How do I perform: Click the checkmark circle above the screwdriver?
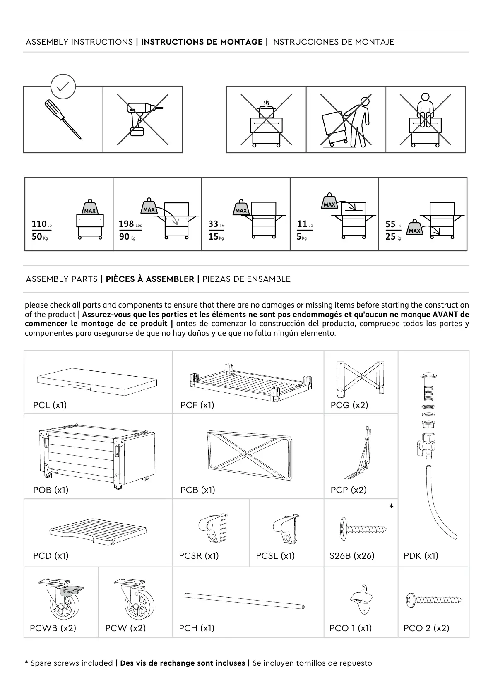(63, 87)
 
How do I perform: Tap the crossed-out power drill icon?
(142, 119)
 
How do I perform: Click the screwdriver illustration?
(63, 119)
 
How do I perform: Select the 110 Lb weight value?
(39, 224)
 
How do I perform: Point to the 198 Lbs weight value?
(127, 224)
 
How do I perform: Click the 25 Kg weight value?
(391, 237)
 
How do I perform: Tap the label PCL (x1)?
(50, 405)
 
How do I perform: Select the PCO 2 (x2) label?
(426, 628)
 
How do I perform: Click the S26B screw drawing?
(363, 529)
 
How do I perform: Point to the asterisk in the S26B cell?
(391, 507)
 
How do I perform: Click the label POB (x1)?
(51, 490)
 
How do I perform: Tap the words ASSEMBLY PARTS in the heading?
(62, 279)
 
